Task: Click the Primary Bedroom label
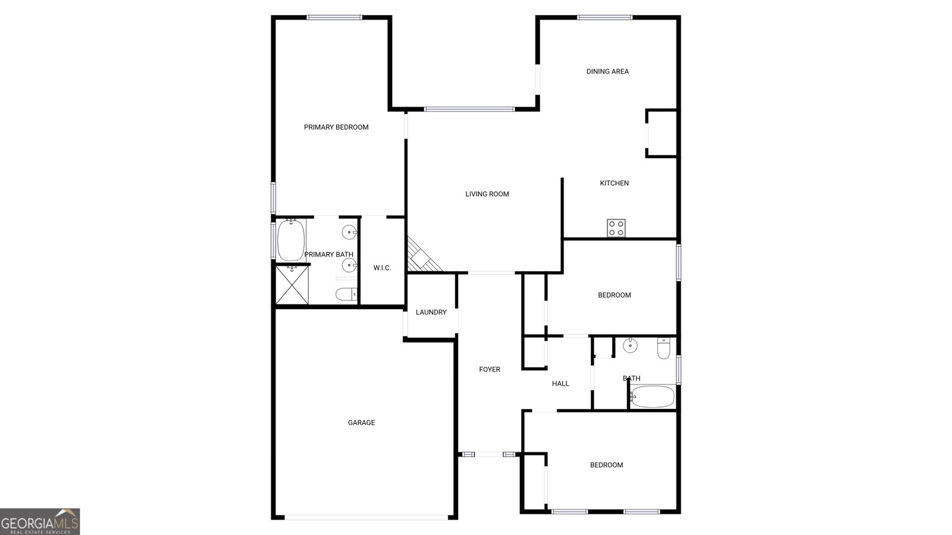(336, 127)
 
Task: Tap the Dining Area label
(607, 71)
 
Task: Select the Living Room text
(487, 194)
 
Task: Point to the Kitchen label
(614, 183)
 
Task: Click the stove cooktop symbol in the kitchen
(616, 228)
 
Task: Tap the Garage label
(361, 423)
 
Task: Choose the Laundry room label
(431, 312)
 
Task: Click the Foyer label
(490, 369)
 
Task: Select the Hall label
(560, 383)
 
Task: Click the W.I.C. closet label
(382, 268)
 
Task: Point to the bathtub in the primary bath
(290, 240)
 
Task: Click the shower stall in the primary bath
(292, 285)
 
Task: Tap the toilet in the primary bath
(346, 294)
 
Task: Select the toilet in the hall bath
(664, 348)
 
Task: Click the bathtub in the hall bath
(652, 396)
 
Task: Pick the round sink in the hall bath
(630, 345)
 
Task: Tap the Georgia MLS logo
(40, 522)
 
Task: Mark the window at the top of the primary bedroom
(334, 17)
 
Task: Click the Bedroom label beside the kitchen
(614, 295)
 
